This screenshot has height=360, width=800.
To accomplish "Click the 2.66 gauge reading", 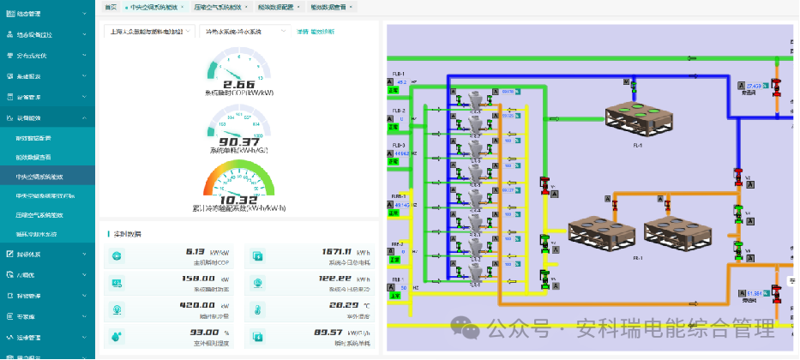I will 239,84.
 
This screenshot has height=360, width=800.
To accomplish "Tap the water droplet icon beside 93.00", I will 117,333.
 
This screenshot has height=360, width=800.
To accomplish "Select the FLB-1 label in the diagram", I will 399,75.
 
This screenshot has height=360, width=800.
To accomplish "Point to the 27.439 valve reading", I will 755,87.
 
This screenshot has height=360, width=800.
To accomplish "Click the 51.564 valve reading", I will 755,293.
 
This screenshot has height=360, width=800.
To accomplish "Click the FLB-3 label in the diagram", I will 399,146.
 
